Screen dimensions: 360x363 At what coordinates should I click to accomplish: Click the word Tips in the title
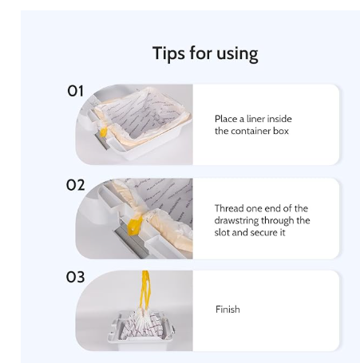click(168, 53)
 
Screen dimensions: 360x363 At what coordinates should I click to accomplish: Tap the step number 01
click(75, 91)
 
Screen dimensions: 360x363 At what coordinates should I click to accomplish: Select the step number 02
click(75, 185)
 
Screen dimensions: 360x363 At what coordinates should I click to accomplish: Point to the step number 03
click(75, 277)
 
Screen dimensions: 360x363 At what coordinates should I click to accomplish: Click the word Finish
click(227, 310)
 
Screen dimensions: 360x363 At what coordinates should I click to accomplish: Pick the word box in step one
click(281, 131)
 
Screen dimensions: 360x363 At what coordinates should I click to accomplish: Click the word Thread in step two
click(229, 208)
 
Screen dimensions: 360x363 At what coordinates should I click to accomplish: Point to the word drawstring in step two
click(236, 220)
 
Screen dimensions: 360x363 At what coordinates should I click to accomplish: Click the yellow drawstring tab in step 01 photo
click(103, 132)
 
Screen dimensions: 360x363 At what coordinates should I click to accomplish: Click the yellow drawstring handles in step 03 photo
click(145, 290)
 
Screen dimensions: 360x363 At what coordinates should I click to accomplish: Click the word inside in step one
click(279, 119)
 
